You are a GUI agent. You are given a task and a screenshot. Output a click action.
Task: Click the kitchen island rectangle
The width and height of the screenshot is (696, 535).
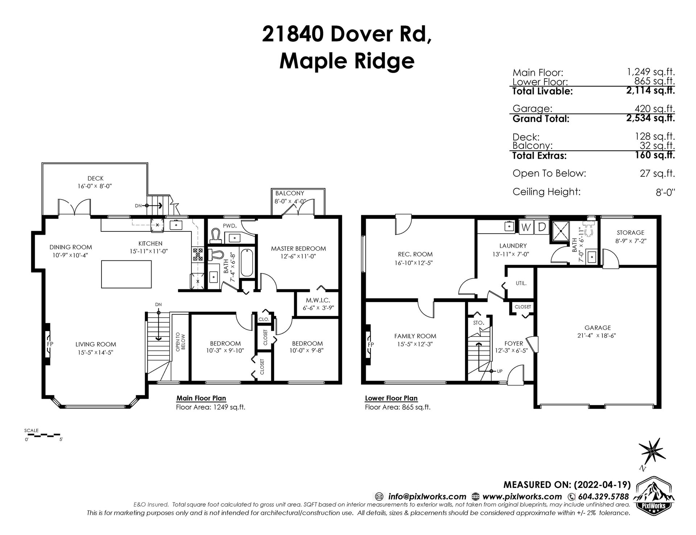(x=126, y=274)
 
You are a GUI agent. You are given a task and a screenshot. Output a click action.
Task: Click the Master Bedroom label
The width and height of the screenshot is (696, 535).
(x=298, y=248)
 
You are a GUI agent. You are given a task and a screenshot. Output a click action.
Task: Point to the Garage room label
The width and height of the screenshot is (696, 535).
(x=597, y=328)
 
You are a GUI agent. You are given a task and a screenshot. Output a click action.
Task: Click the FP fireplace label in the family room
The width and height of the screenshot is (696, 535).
(x=371, y=344)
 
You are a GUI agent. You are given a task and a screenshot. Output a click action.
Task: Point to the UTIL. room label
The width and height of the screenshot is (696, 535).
(x=521, y=283)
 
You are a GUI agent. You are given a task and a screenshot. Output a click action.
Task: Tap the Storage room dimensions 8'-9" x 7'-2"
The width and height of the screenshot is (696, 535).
(x=630, y=241)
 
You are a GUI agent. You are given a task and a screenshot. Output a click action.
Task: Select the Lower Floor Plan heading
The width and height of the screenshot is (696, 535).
(x=391, y=398)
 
